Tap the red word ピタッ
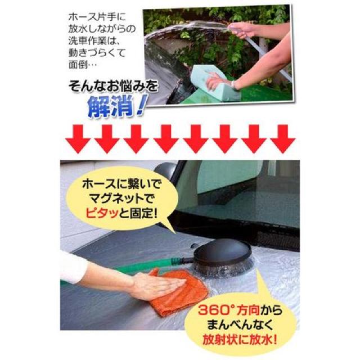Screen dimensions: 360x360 tap(112, 213)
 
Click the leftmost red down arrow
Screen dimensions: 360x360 tap(76, 139)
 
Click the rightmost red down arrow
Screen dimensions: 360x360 tap(282, 139)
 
